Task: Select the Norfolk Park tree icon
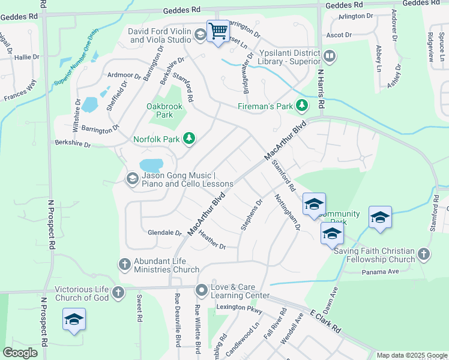[x=190, y=139]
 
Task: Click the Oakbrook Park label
[x=164, y=106]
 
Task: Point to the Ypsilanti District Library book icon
[x=329, y=56]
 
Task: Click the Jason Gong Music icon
[x=131, y=179]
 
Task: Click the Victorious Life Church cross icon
[x=118, y=292]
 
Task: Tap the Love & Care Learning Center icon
[x=201, y=290]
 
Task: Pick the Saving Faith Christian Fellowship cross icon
[x=424, y=254]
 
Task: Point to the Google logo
[x=20, y=353]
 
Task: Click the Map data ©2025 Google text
[x=411, y=355]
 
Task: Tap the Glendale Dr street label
[x=164, y=232]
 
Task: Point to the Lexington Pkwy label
[x=239, y=308]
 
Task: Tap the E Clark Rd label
[x=325, y=322]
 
